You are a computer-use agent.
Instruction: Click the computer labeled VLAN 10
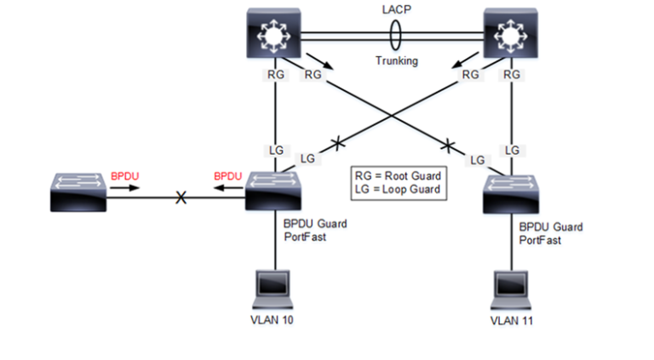[x=273, y=289]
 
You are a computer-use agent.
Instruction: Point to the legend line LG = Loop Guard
[x=397, y=189]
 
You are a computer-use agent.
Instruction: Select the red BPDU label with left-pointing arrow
[x=228, y=176]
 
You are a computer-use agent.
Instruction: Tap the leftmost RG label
[x=275, y=75]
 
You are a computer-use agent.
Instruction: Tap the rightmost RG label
[x=511, y=75]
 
